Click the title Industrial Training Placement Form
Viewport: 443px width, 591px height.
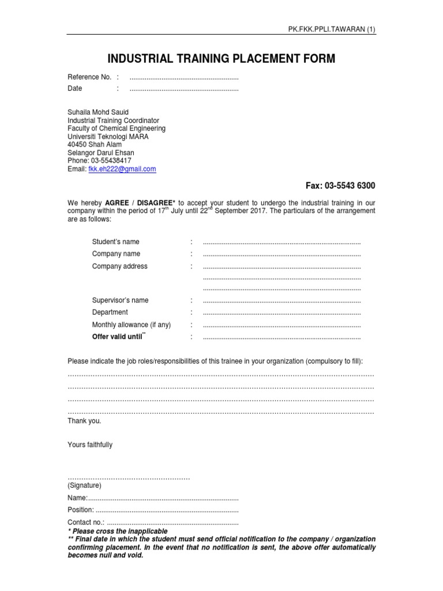(221, 58)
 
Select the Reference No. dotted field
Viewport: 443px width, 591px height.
(183, 77)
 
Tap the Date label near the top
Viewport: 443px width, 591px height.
(75, 88)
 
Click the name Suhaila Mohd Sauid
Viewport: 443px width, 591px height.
(98, 112)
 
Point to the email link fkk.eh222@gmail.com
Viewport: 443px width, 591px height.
(122, 169)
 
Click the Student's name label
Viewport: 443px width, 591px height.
(115, 242)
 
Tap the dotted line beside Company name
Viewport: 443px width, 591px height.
(281, 255)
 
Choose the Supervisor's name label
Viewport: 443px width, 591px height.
(120, 300)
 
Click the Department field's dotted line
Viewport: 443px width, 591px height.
(281, 313)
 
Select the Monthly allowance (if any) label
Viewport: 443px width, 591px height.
(132, 325)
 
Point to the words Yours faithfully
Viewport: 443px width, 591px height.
(90, 445)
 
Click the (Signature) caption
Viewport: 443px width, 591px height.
(84, 486)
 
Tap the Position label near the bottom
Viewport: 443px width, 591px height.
(81, 510)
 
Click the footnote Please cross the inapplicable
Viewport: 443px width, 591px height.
(119, 531)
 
